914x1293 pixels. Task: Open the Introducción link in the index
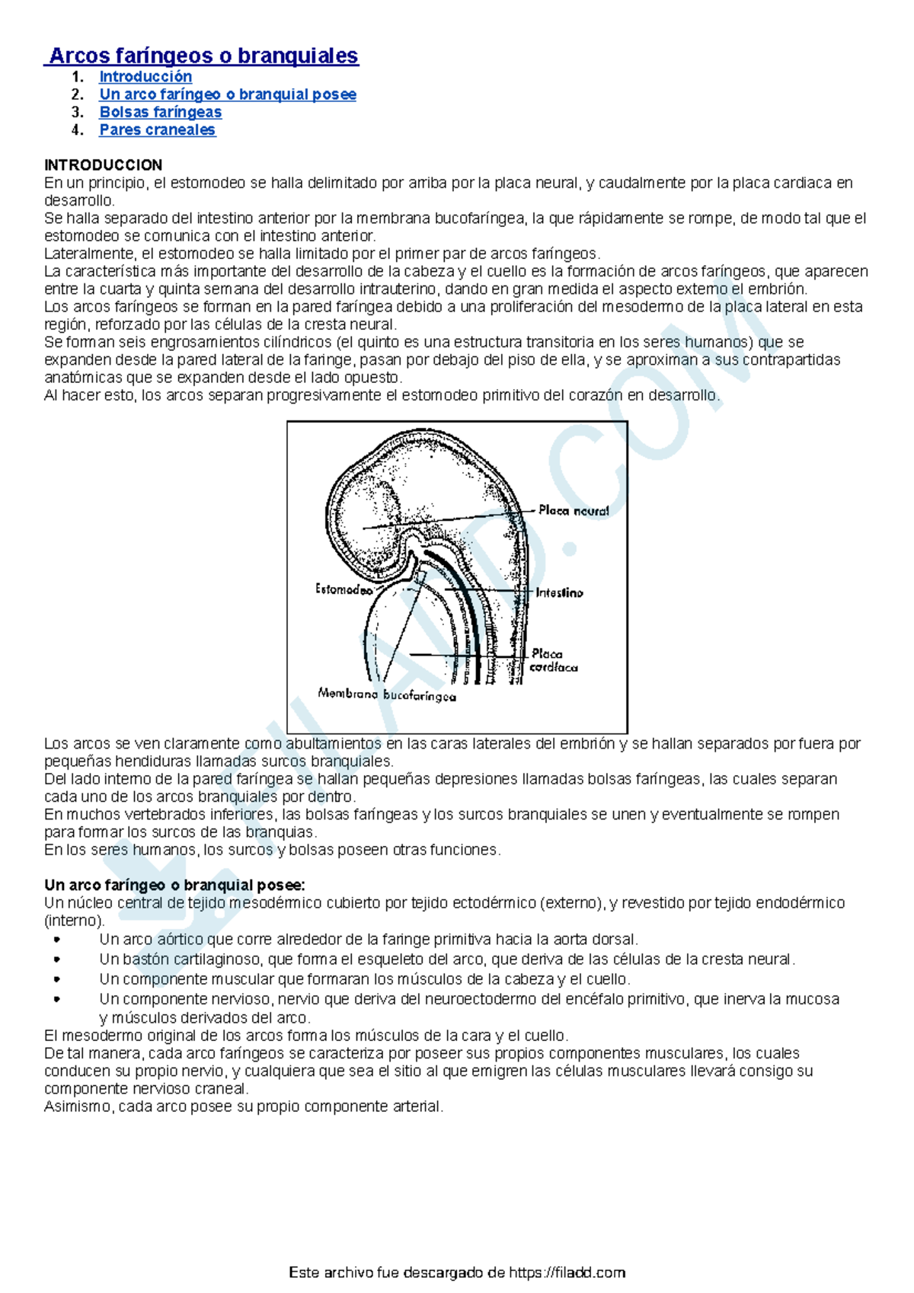tap(145, 77)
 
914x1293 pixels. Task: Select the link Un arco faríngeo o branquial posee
tap(227, 94)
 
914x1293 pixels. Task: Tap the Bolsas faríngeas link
tap(160, 112)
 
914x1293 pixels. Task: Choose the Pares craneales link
tap(157, 129)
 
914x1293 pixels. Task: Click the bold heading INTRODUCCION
tap(103, 165)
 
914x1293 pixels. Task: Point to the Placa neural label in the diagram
tap(573, 511)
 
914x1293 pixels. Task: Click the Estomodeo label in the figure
tap(344, 589)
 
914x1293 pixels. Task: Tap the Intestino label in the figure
tap(559, 592)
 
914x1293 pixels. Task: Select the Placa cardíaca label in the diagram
tap(553, 660)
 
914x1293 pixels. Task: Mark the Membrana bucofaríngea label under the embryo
tap(387, 694)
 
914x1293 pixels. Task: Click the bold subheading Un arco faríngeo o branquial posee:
tap(174, 885)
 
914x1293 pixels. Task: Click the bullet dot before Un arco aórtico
tap(57, 940)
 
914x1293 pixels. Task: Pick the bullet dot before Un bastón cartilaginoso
tap(57, 959)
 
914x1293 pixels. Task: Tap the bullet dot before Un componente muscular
tap(57, 979)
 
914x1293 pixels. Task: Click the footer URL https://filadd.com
tap(567, 1272)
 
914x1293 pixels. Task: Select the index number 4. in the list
tap(77, 129)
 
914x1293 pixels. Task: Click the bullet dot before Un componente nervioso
tap(57, 999)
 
